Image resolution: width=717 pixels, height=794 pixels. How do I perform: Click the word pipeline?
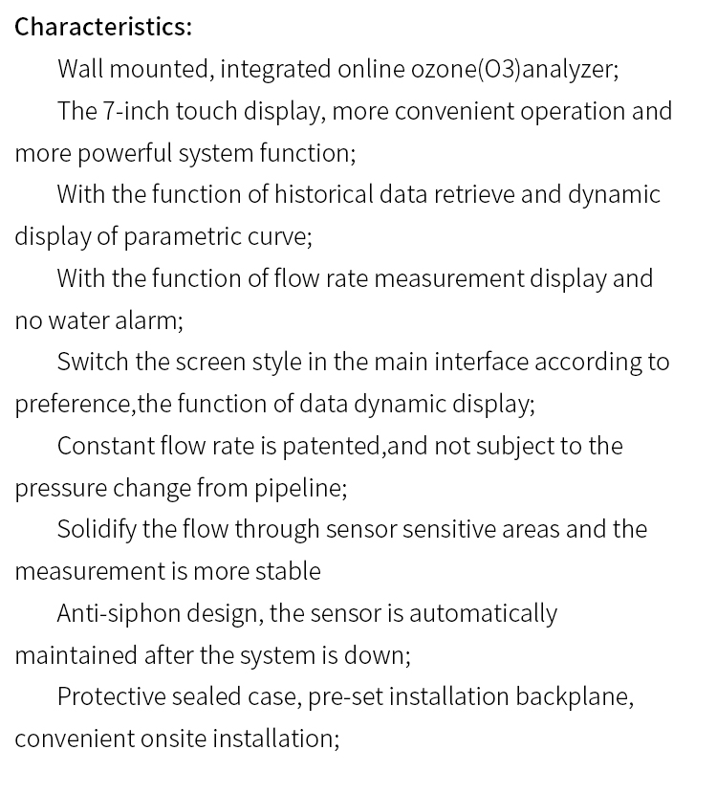tap(298, 488)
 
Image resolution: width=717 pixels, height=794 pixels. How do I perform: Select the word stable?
tap(288, 571)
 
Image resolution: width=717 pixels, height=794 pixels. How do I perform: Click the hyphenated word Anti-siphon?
tap(114, 613)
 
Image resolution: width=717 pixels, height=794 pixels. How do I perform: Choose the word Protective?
tap(111, 696)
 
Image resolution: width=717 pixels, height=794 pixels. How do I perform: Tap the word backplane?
tap(574, 696)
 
